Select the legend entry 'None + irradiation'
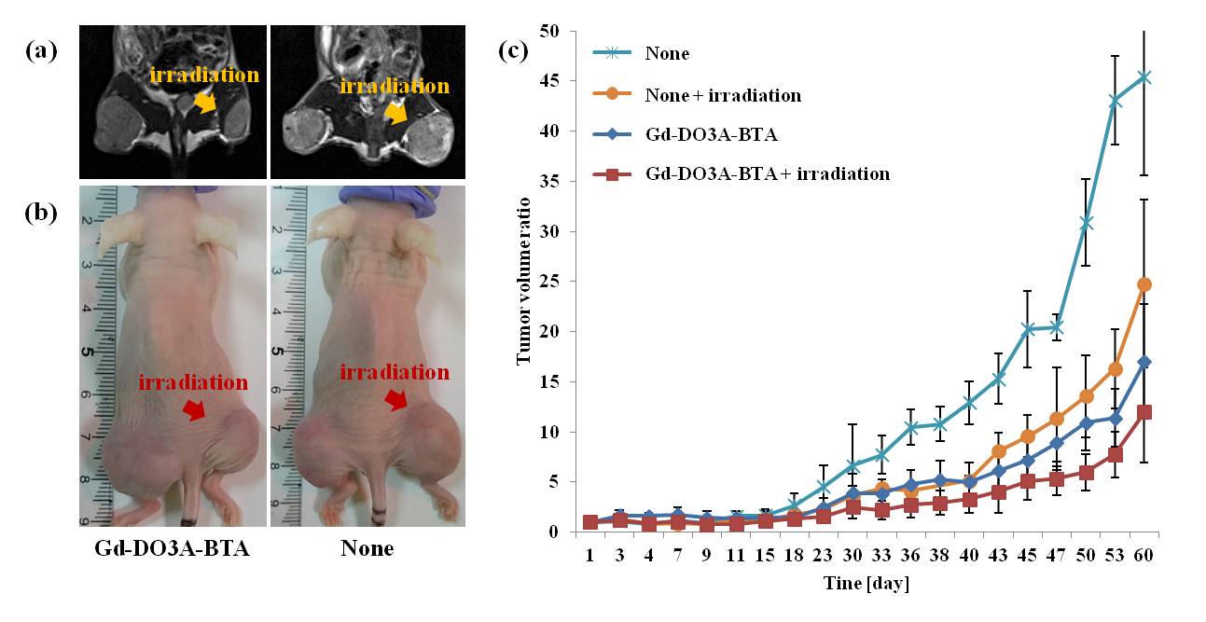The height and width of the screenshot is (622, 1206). [x=722, y=95]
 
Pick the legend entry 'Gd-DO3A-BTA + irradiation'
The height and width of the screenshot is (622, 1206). [x=767, y=174]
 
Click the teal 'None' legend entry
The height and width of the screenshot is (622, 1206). [x=666, y=53]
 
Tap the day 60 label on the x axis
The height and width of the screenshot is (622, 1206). [x=1144, y=556]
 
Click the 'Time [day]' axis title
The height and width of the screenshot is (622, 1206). [x=867, y=585]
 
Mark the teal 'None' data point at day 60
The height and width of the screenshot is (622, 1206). [x=1144, y=77]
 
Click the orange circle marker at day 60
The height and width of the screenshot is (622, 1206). [x=1144, y=284]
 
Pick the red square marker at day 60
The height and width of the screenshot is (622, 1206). [x=1144, y=412]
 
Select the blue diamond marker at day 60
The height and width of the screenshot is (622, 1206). [x=1144, y=362]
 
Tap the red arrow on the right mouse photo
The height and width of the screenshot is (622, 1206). [x=396, y=399]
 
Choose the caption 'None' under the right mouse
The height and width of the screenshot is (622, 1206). [x=367, y=548]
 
